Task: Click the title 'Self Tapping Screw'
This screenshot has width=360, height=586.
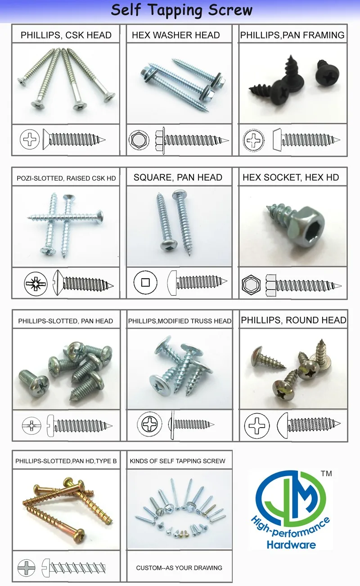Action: [182, 10]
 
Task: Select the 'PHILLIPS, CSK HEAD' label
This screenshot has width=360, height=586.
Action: [66, 35]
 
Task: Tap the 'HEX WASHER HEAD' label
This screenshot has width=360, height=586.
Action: [175, 35]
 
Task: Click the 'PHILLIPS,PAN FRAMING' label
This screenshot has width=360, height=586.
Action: [292, 35]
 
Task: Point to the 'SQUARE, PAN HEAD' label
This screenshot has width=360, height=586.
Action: [178, 177]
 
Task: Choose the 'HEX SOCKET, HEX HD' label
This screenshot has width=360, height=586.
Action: [291, 178]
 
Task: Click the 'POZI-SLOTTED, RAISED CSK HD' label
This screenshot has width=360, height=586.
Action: [66, 178]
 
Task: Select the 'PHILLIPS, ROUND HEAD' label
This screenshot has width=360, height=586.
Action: [293, 320]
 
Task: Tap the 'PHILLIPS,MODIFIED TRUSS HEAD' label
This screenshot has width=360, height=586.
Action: [180, 321]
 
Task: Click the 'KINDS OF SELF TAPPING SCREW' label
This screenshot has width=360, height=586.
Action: [177, 461]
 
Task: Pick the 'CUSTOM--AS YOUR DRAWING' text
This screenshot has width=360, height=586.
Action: [179, 568]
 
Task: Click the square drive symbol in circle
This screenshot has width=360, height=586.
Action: [145, 283]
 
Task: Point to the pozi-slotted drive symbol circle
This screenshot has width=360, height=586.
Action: [36, 284]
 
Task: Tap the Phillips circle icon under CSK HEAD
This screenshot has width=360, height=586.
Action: [30, 140]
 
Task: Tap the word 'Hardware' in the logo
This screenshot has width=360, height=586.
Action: [291, 545]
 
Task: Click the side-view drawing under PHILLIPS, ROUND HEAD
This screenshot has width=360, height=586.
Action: [309, 424]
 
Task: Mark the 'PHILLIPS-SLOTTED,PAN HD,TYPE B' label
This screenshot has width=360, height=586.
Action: [66, 461]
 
